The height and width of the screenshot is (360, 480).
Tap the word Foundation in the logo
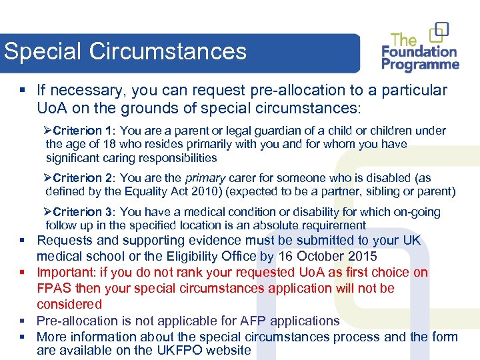419,52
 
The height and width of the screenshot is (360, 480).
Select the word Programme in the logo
421,65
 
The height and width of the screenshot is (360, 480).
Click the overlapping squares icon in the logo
439,31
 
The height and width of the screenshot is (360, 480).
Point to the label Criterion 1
83,131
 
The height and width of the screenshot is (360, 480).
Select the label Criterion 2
83,178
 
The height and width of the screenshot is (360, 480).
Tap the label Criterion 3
83,212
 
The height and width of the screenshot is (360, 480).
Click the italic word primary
205,178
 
